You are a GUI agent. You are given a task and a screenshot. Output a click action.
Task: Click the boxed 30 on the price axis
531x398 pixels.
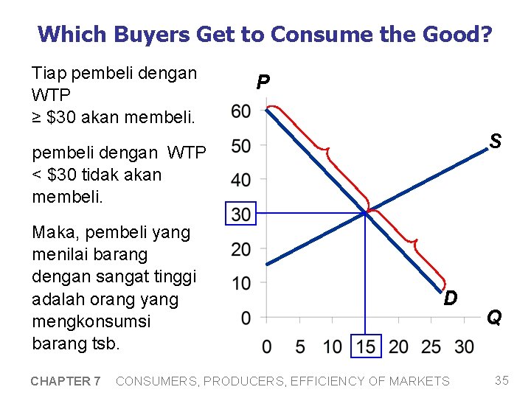tap(241, 214)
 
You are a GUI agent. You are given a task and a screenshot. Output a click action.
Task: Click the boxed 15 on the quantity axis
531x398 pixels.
tap(366, 346)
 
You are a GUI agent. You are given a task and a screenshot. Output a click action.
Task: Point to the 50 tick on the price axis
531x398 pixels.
tap(240, 146)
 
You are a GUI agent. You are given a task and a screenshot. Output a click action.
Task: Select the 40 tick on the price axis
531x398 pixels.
tap(240, 180)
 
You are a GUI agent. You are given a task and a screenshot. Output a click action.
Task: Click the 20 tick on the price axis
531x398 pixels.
tap(240, 249)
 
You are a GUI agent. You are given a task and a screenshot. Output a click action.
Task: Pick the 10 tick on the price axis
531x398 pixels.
tap(240, 283)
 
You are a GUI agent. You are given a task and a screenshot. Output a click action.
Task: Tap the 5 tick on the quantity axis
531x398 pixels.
tap(299, 346)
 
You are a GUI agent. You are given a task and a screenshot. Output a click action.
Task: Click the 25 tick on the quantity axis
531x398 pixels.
tap(431, 346)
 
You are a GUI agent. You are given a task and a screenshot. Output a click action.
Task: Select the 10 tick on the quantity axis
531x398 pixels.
tap(333, 346)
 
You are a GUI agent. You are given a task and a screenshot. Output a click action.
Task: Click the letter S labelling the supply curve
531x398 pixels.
tap(496, 141)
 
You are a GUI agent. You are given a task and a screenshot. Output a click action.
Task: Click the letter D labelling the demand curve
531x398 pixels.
tap(451, 298)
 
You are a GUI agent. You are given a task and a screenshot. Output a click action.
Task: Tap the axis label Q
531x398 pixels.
tap(494, 318)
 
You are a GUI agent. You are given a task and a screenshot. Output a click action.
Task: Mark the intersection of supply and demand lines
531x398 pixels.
tap(366, 213)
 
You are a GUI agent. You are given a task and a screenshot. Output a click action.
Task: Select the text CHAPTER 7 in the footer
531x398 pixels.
tap(66, 381)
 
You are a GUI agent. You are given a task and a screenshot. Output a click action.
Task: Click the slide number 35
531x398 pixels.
tap(502, 380)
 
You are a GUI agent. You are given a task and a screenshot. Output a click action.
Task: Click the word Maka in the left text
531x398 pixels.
tap(52, 233)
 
